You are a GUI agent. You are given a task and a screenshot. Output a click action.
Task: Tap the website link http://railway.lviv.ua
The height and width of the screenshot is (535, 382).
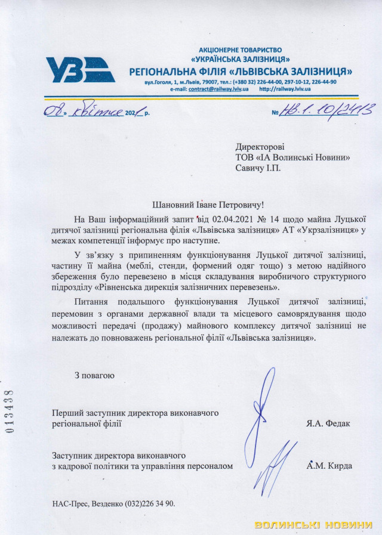click(285, 88)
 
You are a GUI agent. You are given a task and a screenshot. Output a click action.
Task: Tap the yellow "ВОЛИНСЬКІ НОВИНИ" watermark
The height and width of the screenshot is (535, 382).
click(313, 525)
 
